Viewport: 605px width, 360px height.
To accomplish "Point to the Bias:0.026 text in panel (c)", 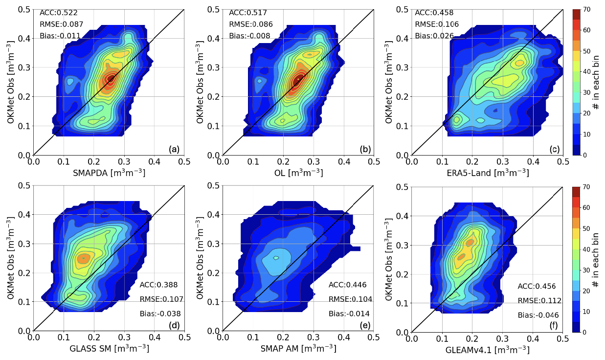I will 434,36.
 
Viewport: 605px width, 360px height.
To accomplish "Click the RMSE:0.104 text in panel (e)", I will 350,299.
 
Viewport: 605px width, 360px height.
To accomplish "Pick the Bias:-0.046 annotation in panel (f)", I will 538,315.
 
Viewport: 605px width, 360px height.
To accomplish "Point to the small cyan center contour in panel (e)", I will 276,258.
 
